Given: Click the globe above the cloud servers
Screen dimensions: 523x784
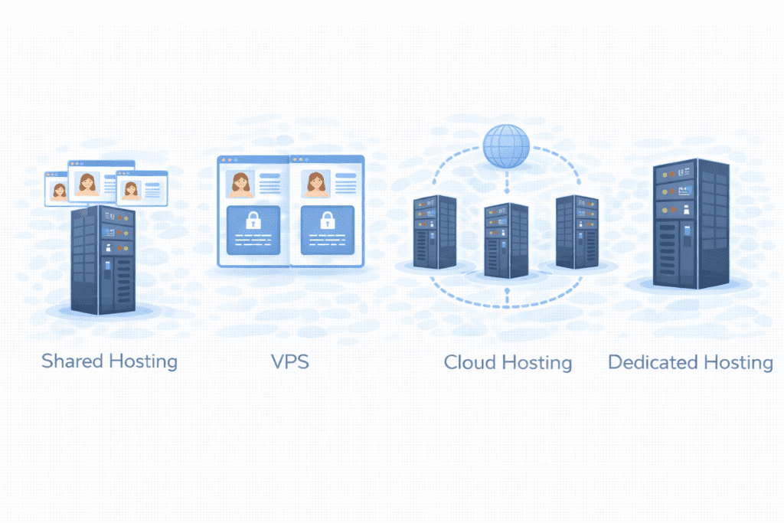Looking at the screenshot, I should [x=506, y=145].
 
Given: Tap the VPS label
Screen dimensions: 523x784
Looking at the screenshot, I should [x=290, y=361].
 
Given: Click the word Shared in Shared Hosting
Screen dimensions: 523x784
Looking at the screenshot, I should [x=73, y=361].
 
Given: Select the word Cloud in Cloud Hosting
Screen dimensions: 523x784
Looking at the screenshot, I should [x=473, y=362].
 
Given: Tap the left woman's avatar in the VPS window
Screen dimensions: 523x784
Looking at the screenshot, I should [x=241, y=184].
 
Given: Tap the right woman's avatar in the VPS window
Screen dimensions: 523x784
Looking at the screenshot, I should [x=315, y=184].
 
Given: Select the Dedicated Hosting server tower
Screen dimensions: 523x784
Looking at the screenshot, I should [x=690, y=224].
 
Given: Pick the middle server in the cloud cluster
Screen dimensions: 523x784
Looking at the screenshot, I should [x=506, y=240].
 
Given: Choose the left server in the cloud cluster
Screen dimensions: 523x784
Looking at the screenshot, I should [x=435, y=231].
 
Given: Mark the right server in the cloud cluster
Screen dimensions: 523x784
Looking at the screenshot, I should [x=577, y=231].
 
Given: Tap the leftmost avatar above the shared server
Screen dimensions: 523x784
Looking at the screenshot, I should [x=59, y=191].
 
